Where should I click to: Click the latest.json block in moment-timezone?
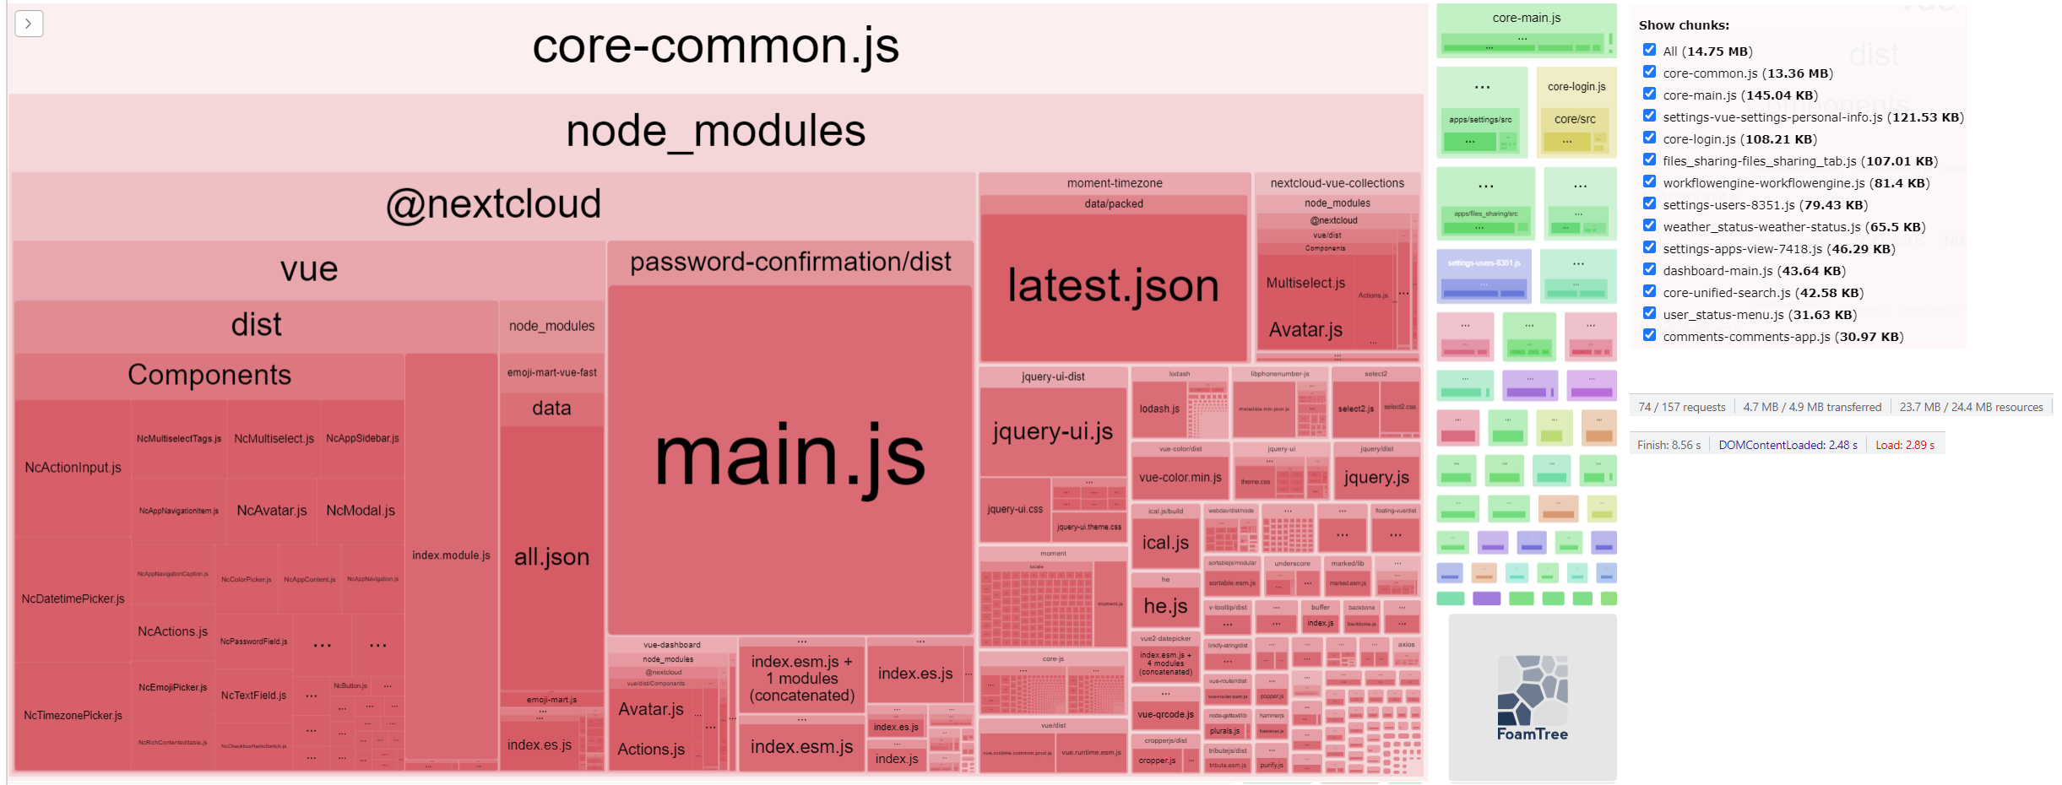pos(1113,286)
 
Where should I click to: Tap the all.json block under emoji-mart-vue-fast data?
pos(551,556)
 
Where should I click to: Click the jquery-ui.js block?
pos(1052,431)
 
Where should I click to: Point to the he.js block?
pos(1165,605)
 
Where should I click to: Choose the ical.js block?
pos(1165,543)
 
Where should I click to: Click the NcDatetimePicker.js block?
pos(73,598)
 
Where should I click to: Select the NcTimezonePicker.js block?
pos(73,715)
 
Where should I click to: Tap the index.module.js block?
pos(451,555)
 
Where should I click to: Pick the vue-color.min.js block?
pos(1180,478)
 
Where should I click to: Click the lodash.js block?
pos(1159,409)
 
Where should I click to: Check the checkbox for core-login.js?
pos(1649,138)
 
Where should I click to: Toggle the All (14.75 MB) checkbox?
pos(1649,50)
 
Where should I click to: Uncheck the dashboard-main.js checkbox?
pos(1649,269)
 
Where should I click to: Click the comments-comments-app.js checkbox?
pos(1649,335)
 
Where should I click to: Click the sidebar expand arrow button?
pos(29,24)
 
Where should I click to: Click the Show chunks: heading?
pos(1684,25)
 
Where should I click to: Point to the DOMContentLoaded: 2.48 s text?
pos(1788,445)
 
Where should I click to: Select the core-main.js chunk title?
pos(1527,18)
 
